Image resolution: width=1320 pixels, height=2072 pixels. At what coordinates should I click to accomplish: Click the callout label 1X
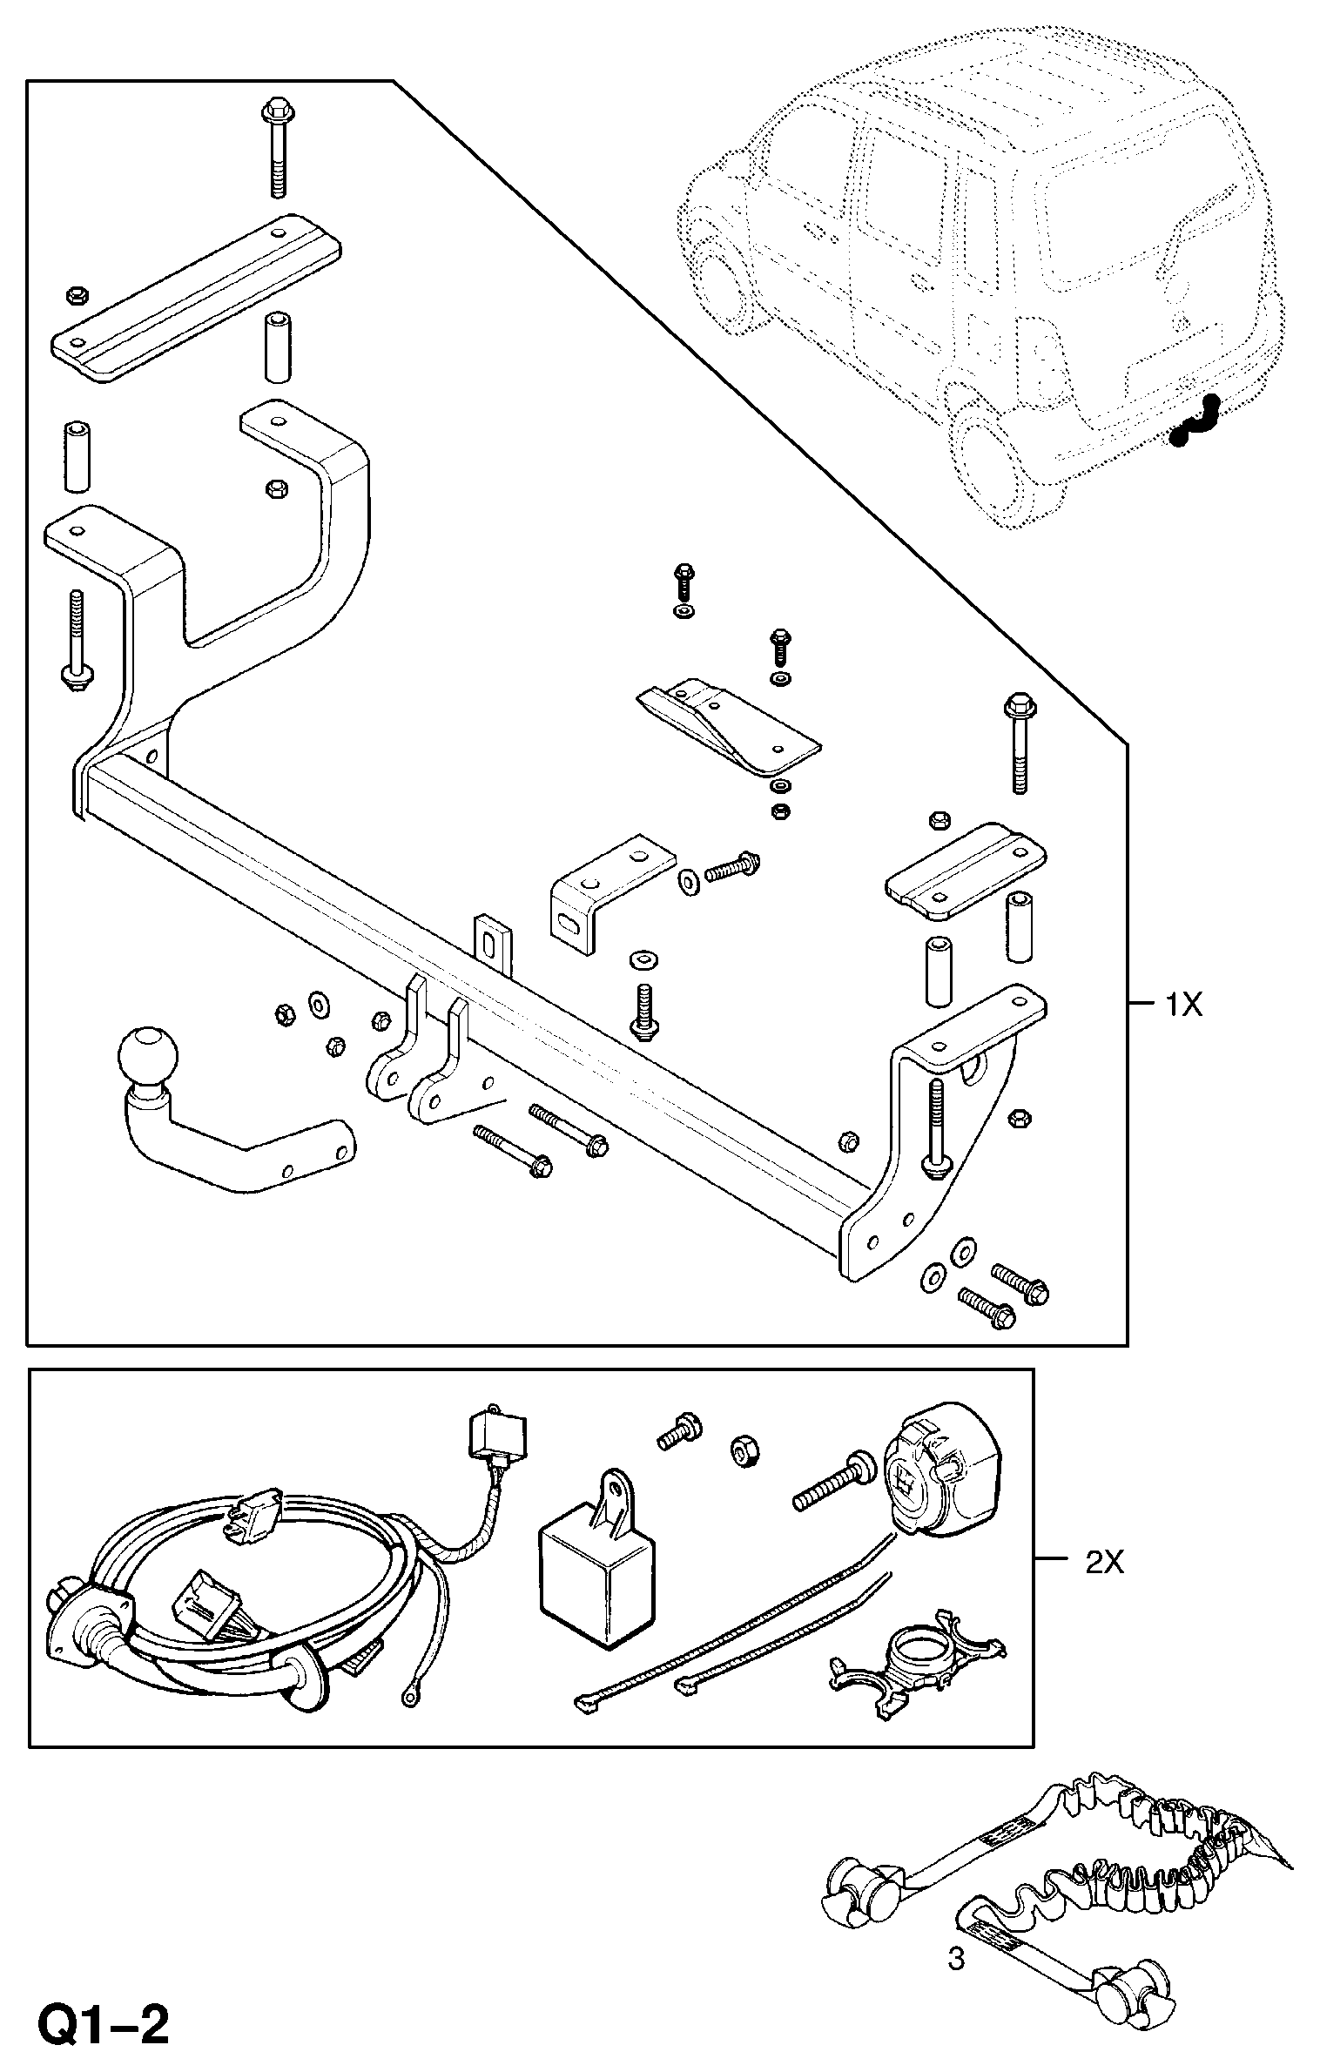1184,1006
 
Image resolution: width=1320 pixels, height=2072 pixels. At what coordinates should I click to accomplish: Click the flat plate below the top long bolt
196,297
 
